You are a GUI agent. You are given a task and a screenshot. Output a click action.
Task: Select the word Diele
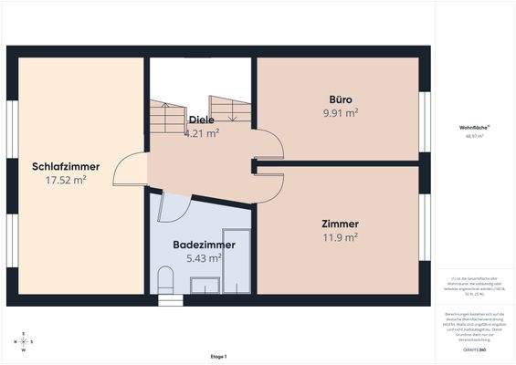click(201, 120)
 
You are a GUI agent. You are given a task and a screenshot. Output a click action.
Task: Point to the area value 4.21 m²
click(201, 133)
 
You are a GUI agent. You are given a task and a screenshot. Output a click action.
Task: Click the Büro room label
click(341, 99)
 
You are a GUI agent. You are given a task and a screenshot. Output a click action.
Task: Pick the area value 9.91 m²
click(341, 113)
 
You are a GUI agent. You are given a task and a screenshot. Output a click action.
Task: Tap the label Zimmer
click(340, 224)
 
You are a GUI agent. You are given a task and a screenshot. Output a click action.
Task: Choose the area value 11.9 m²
click(340, 237)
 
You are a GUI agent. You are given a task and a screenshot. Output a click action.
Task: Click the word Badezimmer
click(204, 245)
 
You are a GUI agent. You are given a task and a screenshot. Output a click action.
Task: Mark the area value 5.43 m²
click(204, 258)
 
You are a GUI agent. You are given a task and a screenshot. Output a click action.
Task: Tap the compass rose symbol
click(25, 342)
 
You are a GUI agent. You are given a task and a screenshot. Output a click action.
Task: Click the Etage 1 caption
click(217, 356)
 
